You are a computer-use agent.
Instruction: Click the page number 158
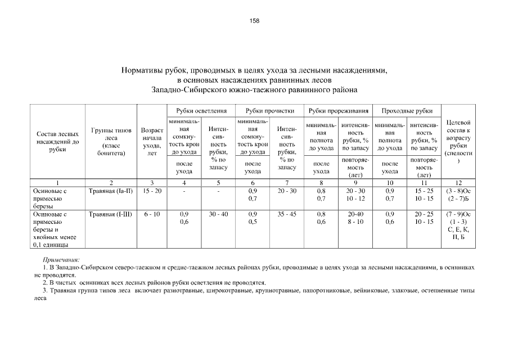coord(254,21)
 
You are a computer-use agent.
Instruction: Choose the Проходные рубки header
coord(407,110)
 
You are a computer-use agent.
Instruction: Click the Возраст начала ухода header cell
coord(152,142)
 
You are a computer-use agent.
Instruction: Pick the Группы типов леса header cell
coord(111,142)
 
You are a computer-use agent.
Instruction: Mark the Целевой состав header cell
coord(458,141)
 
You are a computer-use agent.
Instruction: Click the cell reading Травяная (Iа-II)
coord(111,191)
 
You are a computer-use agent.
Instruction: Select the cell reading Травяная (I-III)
coord(111,214)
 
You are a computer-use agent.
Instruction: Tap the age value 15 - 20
coord(152,191)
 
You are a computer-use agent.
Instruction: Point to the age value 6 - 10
coord(152,214)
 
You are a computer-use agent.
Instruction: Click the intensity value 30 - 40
coord(218,214)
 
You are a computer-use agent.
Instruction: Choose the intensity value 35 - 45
coord(287,214)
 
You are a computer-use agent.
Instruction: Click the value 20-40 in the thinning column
coord(355,214)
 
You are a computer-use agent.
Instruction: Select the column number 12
coord(458,183)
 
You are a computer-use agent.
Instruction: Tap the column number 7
coord(287,183)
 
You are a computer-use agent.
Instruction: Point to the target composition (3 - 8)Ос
coord(458,191)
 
